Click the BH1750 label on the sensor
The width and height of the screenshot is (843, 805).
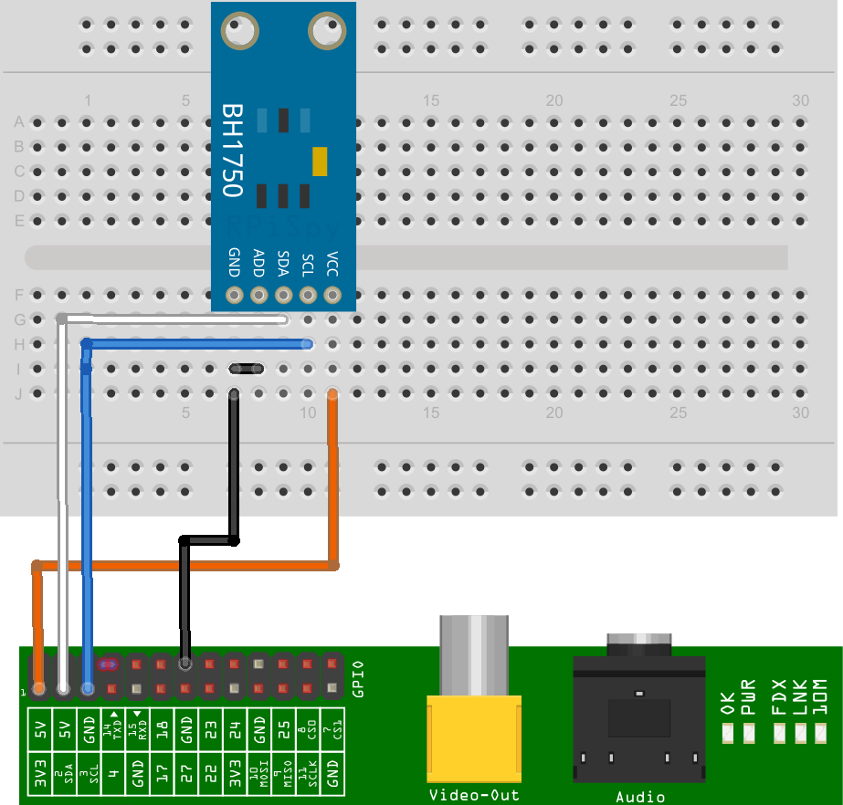(232, 150)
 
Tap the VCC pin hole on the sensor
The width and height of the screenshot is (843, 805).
(332, 295)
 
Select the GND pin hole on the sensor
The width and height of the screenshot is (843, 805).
(235, 295)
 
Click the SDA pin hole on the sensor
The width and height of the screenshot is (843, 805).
(283, 295)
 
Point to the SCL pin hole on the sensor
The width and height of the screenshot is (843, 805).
(308, 295)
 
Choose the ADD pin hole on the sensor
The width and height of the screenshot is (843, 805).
(258, 295)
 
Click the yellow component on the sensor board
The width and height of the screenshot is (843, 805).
(319, 162)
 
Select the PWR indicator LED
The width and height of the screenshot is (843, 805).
(750, 732)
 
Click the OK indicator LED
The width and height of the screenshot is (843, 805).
(728, 732)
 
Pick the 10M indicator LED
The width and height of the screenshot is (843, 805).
(819, 732)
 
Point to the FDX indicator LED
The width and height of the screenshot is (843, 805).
(779, 732)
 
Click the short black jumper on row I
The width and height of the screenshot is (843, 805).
(247, 369)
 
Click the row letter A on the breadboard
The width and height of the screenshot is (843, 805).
(18, 121)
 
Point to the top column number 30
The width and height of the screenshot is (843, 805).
(801, 101)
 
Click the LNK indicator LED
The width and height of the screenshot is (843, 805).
(799, 732)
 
